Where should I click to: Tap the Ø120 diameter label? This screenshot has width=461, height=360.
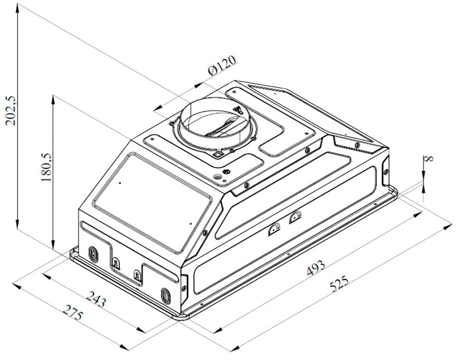point(222,65)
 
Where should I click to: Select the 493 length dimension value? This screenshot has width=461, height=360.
point(316,268)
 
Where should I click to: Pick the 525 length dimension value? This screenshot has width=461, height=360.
point(339,283)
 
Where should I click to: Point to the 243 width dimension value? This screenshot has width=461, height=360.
point(96,299)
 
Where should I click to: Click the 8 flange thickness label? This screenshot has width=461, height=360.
point(430,159)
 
